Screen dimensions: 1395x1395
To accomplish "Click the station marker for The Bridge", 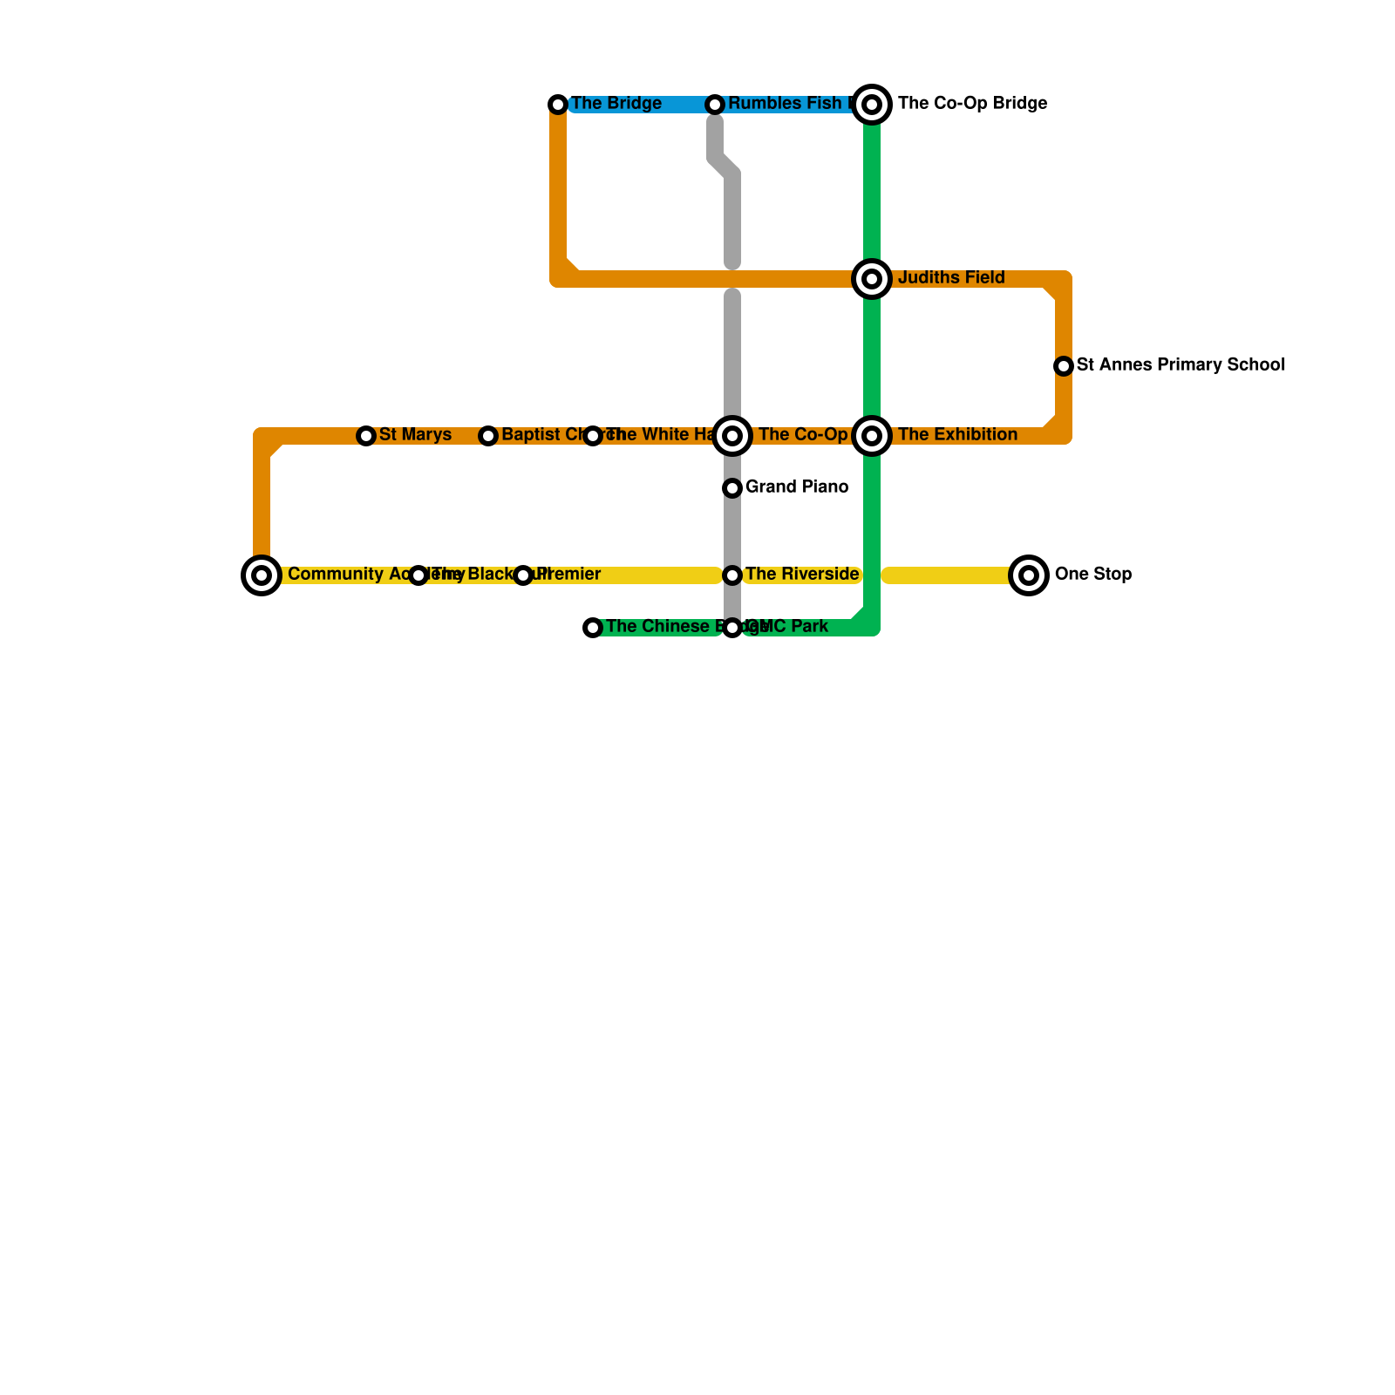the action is pos(558,105).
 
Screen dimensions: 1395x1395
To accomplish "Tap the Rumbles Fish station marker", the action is pos(715,105).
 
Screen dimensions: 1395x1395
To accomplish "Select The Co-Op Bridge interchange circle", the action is pos(872,105).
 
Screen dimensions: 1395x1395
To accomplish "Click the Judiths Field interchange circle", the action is pos(872,279).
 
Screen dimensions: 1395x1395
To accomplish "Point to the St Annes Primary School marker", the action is pos(1064,366).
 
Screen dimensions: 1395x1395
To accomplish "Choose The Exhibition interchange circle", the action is pos(872,436).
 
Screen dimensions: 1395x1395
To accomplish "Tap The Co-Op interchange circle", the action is pos(732,436).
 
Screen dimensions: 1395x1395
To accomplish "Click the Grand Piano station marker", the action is pos(732,488).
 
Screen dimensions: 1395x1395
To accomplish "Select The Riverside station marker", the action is pos(732,575).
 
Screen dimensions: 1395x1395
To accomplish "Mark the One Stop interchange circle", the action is pos(1029,575).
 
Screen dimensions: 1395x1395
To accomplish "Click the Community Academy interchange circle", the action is pos(262,575).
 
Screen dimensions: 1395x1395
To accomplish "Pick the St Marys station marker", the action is pos(366,436).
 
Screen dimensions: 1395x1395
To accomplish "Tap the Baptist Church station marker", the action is pos(488,436).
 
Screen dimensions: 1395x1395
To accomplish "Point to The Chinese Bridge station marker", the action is pos(593,628).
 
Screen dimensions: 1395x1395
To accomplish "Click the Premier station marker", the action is pos(523,575).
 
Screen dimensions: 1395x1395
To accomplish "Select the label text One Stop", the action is pos(1092,575).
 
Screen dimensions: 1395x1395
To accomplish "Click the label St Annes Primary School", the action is pos(1181,365).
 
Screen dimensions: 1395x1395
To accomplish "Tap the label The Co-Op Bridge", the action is pos(972,104).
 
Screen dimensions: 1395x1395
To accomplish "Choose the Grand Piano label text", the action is pos(797,487).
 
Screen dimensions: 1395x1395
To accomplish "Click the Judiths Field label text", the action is pos(951,278).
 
